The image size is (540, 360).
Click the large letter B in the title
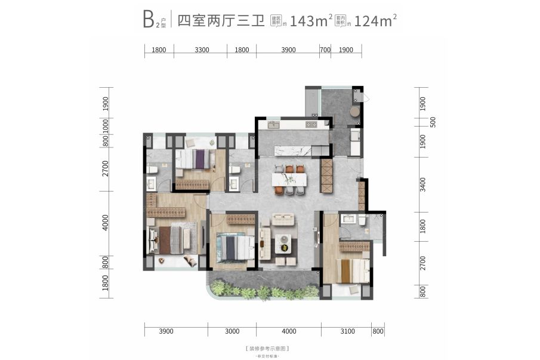tap(148, 19)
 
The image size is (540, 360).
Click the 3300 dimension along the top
tap(202, 50)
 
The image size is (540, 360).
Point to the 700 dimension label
tap(325, 50)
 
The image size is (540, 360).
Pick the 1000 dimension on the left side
tap(106, 125)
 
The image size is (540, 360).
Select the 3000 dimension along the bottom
tap(233, 331)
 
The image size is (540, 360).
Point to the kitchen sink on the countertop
tap(273, 125)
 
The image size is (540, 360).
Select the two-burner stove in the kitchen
tap(310, 125)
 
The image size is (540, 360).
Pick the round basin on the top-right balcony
tap(354, 112)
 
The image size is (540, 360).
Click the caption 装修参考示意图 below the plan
tap(270, 347)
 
